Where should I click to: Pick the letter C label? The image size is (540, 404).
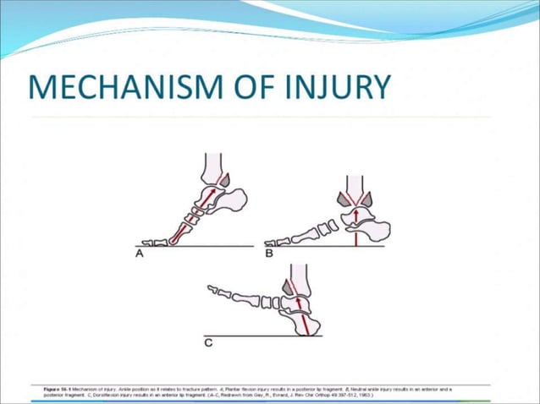208,344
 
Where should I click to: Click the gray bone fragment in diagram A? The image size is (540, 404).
224,178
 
